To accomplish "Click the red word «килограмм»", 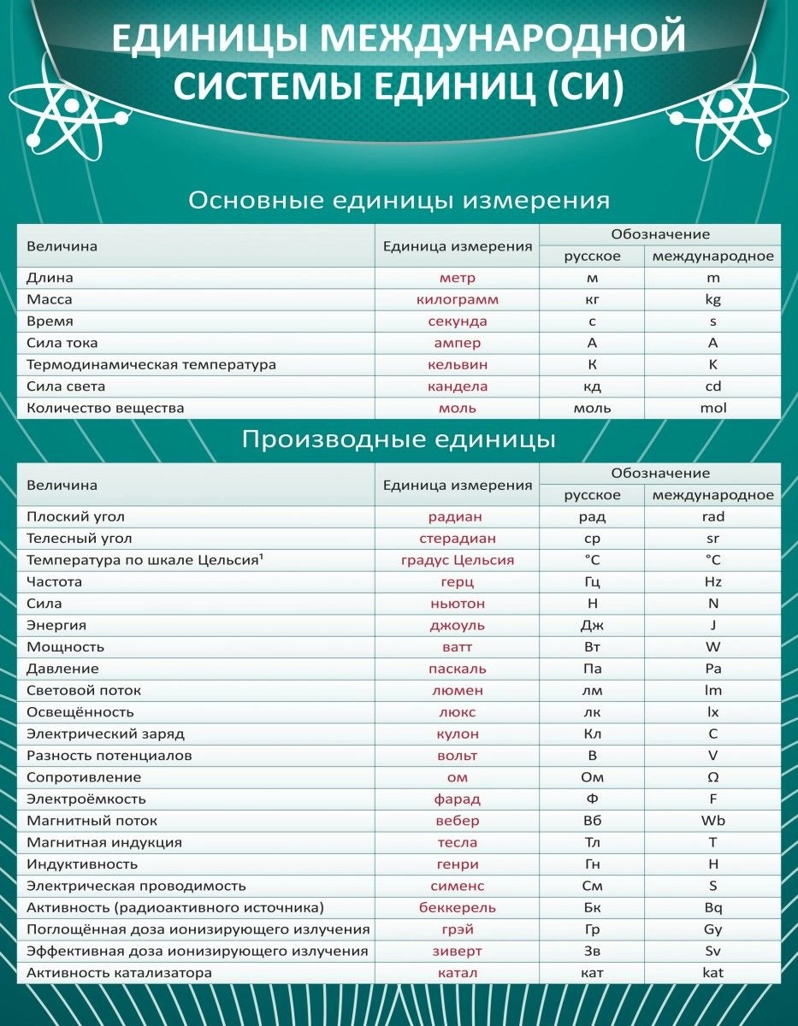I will coord(457,300).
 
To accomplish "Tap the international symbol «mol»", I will coord(712,408).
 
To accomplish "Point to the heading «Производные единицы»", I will coord(399,439).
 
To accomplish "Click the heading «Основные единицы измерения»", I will coord(399,201).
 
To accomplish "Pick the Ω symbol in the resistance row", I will coord(712,777).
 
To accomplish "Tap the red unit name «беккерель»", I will coord(457,908).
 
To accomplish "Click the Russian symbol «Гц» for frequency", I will coord(592,582).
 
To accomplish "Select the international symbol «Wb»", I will coord(712,821).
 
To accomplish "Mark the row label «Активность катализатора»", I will coord(119,973).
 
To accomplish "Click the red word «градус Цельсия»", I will coord(457,561).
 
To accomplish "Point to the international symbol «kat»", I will coord(712,973).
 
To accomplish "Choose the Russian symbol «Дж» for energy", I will coord(592,626).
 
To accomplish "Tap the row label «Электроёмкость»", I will coord(86,799).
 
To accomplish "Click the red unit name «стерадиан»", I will coord(457,539).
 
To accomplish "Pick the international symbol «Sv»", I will coord(712,951).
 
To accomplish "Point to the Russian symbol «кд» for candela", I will coord(592,386).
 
